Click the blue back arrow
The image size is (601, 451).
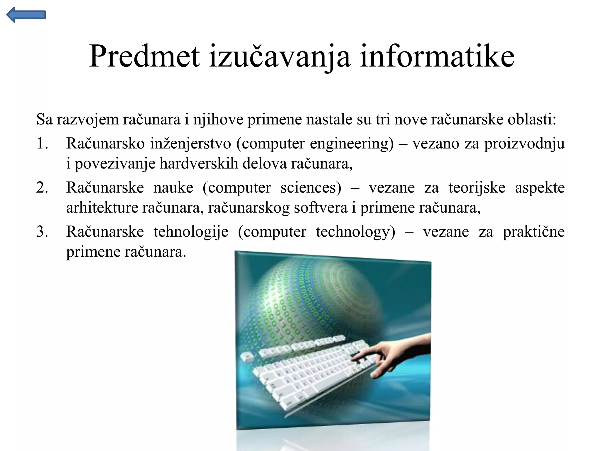26,15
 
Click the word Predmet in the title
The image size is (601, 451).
144,56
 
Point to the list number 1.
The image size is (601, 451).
42,144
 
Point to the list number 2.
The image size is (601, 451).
42,188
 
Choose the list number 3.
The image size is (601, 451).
42,232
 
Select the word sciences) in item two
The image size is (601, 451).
311,188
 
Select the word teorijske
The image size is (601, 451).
477,188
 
